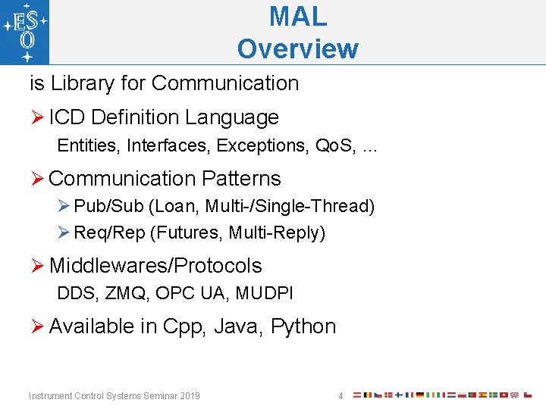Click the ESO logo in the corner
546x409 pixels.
click(25, 33)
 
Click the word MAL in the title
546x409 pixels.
click(297, 16)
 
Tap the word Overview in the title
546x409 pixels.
click(297, 48)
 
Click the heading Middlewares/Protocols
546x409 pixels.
click(155, 266)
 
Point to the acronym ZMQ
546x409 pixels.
click(124, 293)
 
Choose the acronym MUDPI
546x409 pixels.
click(265, 293)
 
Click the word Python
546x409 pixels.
click(303, 326)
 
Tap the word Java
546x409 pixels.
click(236, 326)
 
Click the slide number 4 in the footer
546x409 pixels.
click(340, 396)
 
